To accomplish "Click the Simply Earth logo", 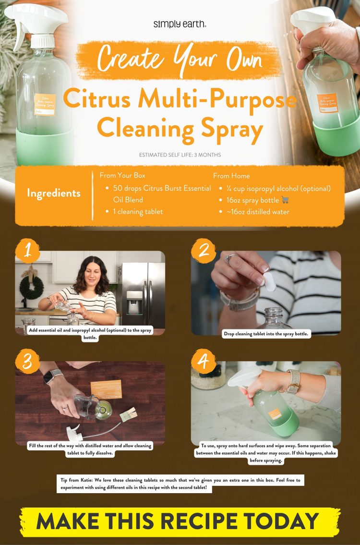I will pos(180,24).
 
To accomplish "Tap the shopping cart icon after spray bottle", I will pos(285,200).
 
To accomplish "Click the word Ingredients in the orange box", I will pos(54,194).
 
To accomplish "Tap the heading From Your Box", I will pos(122,176).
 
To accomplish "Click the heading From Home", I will pos(231,176).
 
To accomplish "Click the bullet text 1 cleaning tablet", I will pos(138,211).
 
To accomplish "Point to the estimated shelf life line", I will pos(180,155).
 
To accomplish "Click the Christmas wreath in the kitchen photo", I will pos(31,287).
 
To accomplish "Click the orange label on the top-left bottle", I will pos(45,104).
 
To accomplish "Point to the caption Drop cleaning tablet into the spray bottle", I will pos(267,334).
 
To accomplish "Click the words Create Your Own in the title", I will pos(180,60).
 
